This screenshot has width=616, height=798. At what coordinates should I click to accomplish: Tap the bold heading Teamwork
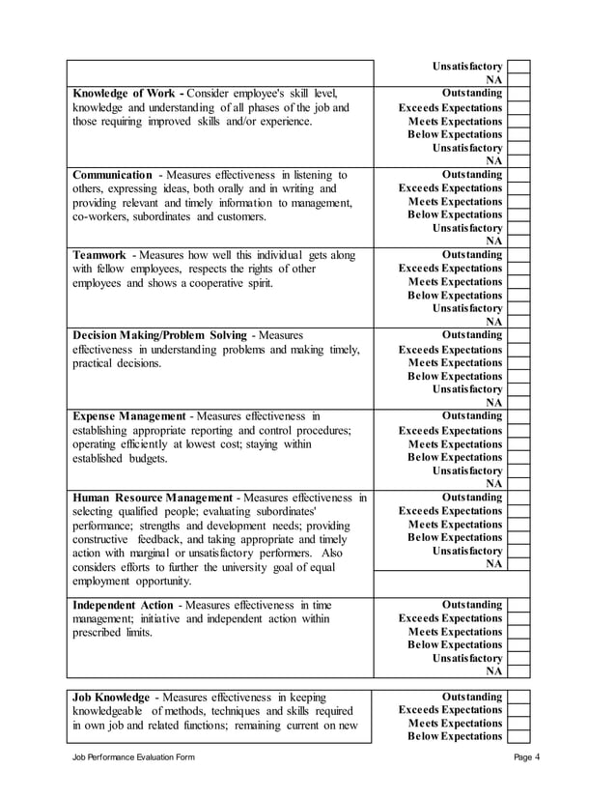[99, 255]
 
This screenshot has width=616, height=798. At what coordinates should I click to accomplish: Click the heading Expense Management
[128, 416]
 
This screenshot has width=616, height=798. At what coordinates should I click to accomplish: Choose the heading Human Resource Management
[153, 498]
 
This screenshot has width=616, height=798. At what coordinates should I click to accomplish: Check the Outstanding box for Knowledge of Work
[518, 94]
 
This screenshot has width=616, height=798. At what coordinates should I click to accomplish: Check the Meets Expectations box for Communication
[518, 201]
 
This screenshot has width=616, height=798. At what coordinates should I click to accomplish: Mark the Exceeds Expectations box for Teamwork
[518, 269]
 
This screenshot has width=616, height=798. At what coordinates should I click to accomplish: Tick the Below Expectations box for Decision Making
[518, 376]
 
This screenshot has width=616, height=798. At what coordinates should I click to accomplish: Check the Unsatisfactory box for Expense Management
[518, 470]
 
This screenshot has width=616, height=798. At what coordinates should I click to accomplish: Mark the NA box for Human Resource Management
[518, 563]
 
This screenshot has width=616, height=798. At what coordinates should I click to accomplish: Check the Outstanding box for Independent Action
[518, 605]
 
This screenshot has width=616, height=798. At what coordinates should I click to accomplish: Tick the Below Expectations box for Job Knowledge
[518, 736]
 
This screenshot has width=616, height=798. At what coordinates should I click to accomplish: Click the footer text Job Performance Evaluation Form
[134, 756]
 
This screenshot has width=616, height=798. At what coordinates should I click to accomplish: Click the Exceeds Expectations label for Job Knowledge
[450, 710]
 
